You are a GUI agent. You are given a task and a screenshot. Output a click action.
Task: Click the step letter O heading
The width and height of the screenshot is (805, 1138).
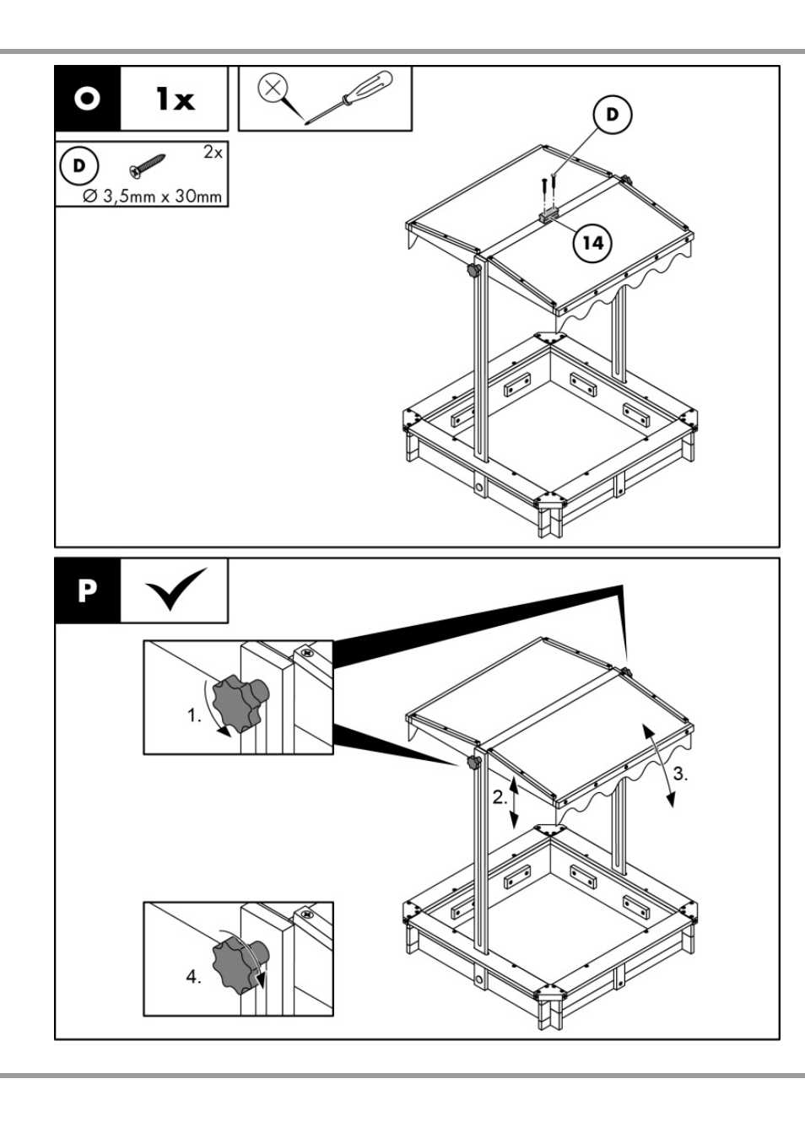click(87, 99)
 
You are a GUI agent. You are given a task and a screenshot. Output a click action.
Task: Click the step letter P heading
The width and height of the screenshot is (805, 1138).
click(87, 591)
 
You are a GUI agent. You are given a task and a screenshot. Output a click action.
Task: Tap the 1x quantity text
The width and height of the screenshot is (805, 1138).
click(175, 100)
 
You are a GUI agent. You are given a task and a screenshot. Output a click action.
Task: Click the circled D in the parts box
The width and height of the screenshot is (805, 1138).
click(78, 165)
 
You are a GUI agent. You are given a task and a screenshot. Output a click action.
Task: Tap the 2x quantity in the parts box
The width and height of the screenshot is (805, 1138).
click(213, 153)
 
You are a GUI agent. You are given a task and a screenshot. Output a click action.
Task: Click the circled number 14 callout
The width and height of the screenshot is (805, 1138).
click(592, 243)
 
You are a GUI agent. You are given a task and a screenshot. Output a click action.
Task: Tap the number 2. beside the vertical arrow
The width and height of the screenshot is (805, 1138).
click(499, 797)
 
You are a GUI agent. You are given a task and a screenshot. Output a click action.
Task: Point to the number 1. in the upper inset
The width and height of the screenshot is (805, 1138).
click(194, 716)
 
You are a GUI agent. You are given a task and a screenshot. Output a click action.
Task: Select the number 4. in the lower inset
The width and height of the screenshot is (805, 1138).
click(193, 977)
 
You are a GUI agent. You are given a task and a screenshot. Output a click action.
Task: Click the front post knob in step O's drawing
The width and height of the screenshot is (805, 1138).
click(473, 271)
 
